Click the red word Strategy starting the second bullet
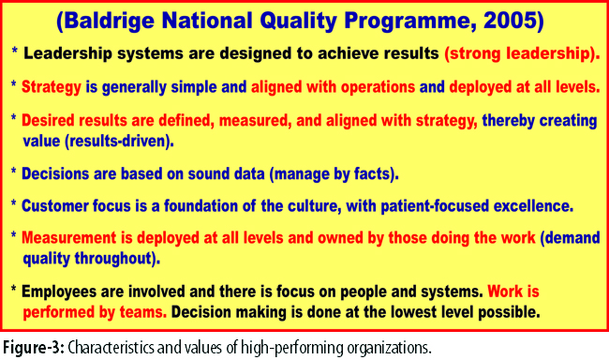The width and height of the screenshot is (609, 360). coord(52,87)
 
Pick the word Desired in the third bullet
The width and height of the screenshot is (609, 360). coord(49,121)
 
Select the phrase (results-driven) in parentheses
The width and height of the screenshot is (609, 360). coord(119,142)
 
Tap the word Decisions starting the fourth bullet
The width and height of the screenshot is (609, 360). coord(55,173)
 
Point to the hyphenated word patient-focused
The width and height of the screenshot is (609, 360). coord(435,206)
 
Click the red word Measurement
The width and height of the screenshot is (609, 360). coord(68,238)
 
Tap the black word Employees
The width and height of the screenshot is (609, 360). coord(59,292)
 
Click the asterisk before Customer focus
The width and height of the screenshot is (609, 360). coord(14,203)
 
